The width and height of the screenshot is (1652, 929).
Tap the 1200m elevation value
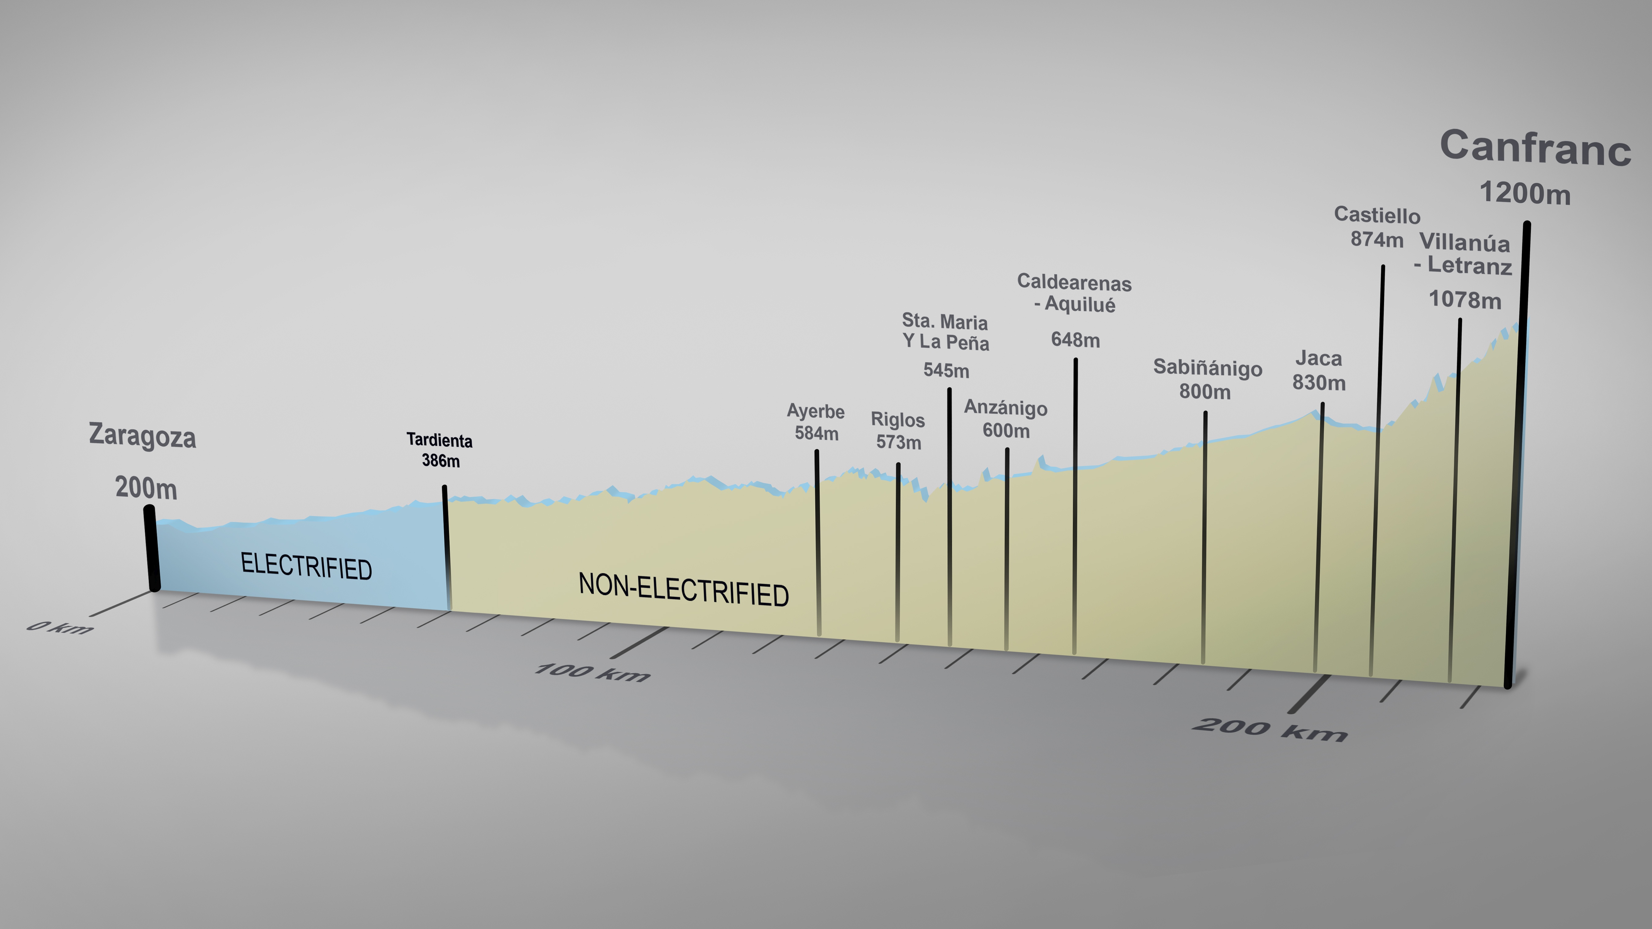(x=1525, y=193)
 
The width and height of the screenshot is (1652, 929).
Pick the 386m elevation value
(x=441, y=460)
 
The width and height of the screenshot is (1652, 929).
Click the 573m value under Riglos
(x=899, y=442)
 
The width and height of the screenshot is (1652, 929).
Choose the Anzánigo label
(x=1006, y=408)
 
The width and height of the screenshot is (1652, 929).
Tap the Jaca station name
(x=1319, y=358)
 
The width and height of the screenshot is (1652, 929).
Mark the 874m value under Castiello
(x=1376, y=239)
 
